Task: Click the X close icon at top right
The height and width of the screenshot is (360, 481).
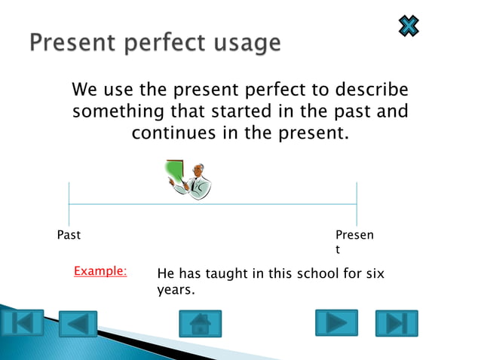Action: (x=408, y=26)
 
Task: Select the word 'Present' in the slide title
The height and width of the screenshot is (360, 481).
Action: (x=67, y=42)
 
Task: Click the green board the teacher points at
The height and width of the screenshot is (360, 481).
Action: (x=175, y=173)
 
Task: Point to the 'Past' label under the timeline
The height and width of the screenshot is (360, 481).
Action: (x=69, y=235)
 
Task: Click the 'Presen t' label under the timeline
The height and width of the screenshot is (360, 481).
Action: (x=354, y=242)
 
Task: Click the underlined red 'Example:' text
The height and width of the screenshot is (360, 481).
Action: (x=100, y=270)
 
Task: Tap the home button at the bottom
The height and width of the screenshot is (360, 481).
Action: (x=200, y=324)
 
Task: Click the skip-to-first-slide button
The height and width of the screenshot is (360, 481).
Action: (x=22, y=323)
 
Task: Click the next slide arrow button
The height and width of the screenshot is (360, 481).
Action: (x=336, y=323)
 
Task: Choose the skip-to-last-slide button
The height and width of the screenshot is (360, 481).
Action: (x=397, y=323)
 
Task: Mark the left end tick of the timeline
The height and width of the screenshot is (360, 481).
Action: (x=69, y=203)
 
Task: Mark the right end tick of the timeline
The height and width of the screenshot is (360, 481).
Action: (x=357, y=203)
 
